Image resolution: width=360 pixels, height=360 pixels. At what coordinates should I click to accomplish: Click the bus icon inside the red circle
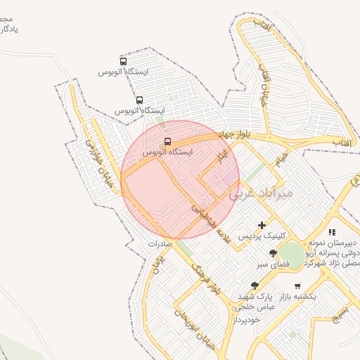(167, 141)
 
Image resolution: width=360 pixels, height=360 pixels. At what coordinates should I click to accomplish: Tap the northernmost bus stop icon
(124, 60)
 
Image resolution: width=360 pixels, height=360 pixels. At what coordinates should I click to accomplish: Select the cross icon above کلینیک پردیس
(262, 226)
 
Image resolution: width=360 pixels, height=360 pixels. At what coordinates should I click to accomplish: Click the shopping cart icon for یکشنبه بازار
(297, 286)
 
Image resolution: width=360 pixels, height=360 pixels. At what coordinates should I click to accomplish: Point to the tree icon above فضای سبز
(272, 253)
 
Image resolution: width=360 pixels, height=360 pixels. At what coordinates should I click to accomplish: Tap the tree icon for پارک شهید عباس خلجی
(255, 285)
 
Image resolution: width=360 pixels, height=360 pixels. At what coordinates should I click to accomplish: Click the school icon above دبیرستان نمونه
(332, 232)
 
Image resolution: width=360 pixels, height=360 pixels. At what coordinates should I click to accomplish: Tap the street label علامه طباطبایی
(211, 220)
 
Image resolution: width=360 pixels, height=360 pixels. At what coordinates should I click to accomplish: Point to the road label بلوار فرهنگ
(209, 280)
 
